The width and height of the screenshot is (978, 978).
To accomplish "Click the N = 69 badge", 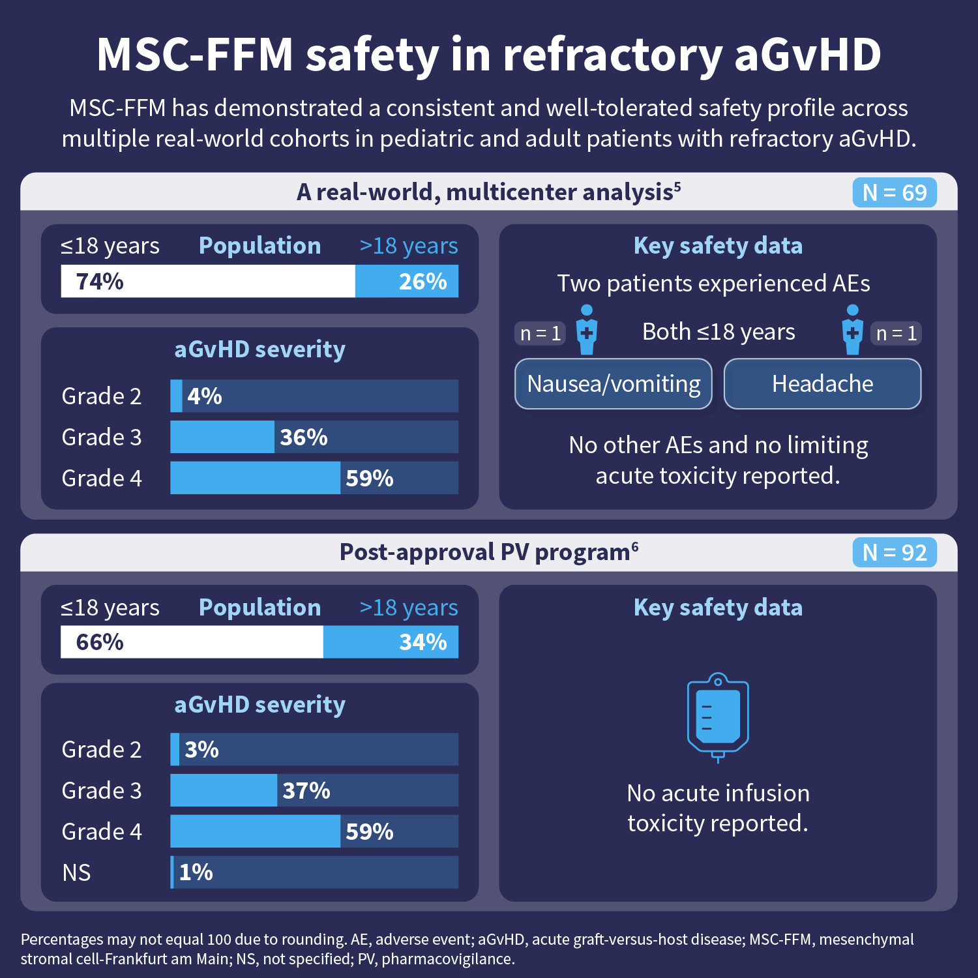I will pyautogui.click(x=894, y=193).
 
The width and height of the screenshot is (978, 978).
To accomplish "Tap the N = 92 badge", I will pyautogui.click(x=894, y=553).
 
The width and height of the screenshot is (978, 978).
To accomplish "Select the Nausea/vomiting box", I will pyautogui.click(x=613, y=384).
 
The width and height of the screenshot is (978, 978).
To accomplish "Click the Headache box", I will pyautogui.click(x=822, y=384).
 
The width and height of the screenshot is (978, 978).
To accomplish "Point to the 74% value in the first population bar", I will pyautogui.click(x=100, y=282).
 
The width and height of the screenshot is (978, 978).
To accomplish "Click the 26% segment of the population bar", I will pyautogui.click(x=407, y=282).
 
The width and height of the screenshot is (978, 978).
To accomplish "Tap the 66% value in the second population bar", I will pyautogui.click(x=100, y=642).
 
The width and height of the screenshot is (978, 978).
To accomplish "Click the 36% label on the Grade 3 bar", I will pyautogui.click(x=303, y=437).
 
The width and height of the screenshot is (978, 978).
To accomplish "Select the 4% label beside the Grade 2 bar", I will pyautogui.click(x=204, y=396).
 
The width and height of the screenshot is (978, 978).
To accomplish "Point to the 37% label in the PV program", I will pyautogui.click(x=306, y=791).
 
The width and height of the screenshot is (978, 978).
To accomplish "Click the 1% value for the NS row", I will pyautogui.click(x=196, y=872).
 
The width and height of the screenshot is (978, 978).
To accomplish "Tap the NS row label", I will pyautogui.click(x=76, y=873).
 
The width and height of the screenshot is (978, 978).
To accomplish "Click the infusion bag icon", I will pyautogui.click(x=718, y=717).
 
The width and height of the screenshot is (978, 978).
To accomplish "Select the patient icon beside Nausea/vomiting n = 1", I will pyautogui.click(x=587, y=330).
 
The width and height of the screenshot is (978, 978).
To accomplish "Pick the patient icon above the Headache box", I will pyautogui.click(x=852, y=330).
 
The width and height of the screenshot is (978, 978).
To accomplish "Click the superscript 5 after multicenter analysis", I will pyautogui.click(x=677, y=187).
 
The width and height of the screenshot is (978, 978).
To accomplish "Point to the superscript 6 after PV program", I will pyautogui.click(x=635, y=547).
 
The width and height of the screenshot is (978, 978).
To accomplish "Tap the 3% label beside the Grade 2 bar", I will pyautogui.click(x=201, y=750).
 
